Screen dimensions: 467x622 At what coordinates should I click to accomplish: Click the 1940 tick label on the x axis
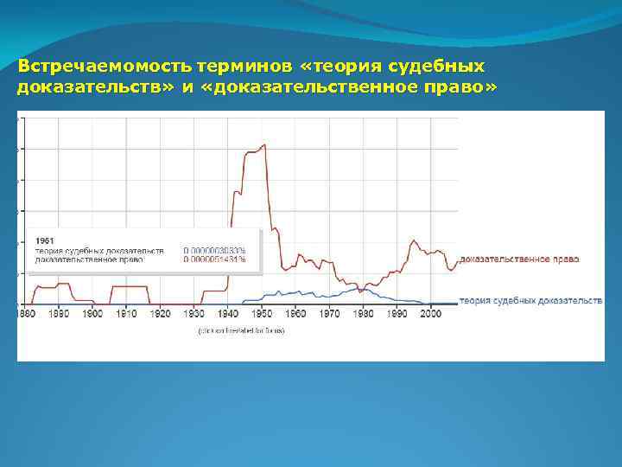[x=228, y=313]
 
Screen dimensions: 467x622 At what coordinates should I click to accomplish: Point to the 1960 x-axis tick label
[x=295, y=313]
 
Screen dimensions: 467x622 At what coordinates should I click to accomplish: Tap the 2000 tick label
[x=431, y=313]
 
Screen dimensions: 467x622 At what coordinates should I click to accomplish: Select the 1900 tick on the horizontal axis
[x=93, y=313]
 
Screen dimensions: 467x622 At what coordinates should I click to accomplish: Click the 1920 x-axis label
[x=161, y=313]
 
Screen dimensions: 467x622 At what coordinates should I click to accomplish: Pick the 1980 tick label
[x=363, y=313]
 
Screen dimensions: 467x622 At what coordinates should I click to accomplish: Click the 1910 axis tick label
[x=127, y=313]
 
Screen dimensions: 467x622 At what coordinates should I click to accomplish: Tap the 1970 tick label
[x=329, y=313]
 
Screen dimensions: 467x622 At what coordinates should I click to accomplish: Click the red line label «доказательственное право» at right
[x=519, y=259]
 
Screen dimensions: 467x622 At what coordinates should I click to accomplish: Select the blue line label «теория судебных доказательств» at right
[x=530, y=301]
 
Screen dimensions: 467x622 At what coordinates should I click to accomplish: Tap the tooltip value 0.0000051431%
[x=214, y=259]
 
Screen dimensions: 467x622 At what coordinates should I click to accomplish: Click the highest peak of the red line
[x=263, y=145]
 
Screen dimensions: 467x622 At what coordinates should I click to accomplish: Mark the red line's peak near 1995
[x=415, y=240]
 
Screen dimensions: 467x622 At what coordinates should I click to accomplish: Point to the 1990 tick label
[x=397, y=313]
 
